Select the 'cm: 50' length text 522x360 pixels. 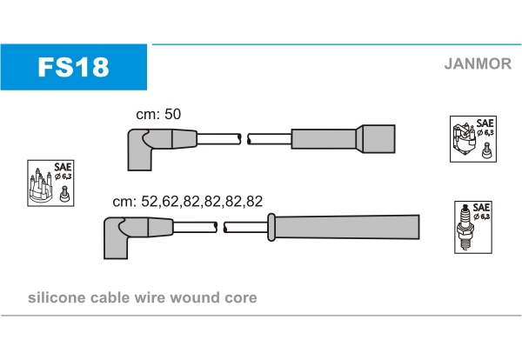point(157,113)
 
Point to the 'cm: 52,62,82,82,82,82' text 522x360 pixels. point(187,201)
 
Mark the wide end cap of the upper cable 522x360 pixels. point(374,139)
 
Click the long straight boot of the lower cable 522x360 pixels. point(348,228)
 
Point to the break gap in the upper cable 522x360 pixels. point(244,138)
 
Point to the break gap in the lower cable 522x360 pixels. point(220,228)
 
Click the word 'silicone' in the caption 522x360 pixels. point(57,298)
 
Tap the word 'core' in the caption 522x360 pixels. point(242,298)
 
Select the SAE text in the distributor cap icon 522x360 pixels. point(63,167)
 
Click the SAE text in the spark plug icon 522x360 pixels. point(481,207)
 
